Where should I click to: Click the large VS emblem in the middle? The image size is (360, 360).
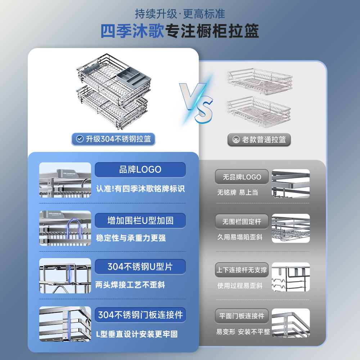click(197, 102)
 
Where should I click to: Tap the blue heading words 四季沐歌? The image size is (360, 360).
click(132, 32)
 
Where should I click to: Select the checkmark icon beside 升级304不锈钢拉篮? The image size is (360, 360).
click(80, 139)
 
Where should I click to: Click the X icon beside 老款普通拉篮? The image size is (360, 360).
click(236, 140)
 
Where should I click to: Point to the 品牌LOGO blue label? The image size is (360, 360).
click(140, 170)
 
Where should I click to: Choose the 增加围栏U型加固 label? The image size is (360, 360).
click(140, 220)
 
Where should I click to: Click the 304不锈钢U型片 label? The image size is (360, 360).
click(140, 267)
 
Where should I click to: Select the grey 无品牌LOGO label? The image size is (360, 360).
click(242, 177)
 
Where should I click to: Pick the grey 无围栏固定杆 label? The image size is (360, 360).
click(242, 221)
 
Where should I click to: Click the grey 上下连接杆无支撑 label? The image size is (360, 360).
click(242, 270)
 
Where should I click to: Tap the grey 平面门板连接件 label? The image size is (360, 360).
click(242, 316)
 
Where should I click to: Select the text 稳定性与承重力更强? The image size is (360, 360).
click(131, 238)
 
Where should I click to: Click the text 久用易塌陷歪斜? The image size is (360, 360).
click(240, 237)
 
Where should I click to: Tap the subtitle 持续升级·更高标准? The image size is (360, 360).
click(180, 14)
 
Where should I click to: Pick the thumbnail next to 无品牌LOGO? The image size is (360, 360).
click(291, 183)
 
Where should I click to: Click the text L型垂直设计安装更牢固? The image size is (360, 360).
click(137, 334)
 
